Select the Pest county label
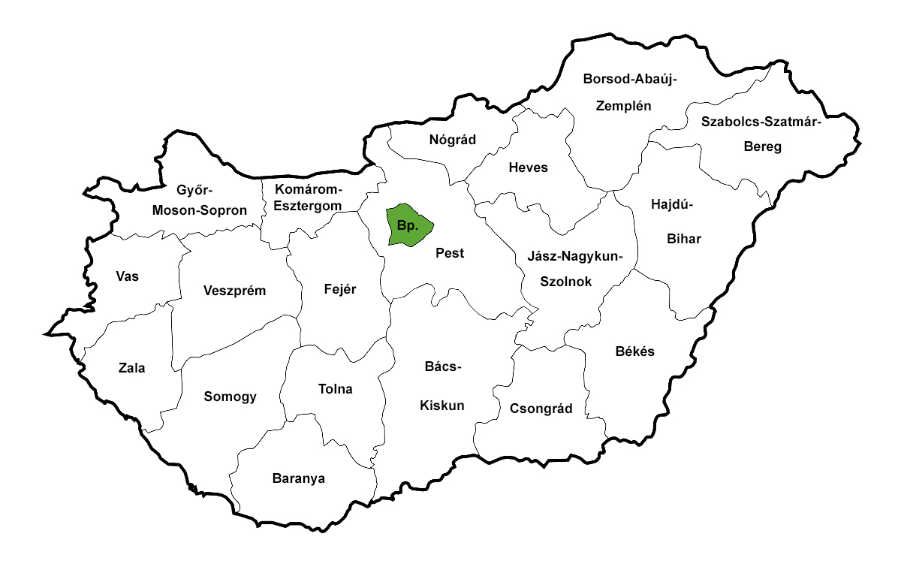(450, 253)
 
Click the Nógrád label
(453, 139)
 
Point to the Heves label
(528, 167)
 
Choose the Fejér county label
(340, 289)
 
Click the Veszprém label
(235, 291)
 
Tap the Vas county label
(128, 276)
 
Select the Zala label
(131, 368)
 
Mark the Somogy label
(231, 397)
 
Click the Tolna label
(336, 389)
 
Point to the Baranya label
(299, 478)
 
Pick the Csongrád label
(541, 409)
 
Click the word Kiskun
(441, 406)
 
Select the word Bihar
(683, 239)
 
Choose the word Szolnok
(567, 282)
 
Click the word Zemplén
(623, 105)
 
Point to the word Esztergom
(307, 205)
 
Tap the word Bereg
(762, 146)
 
